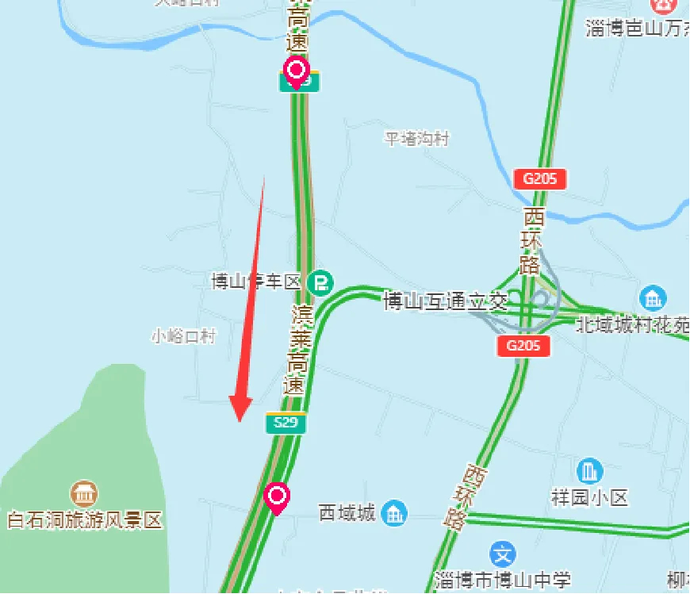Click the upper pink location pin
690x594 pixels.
297,71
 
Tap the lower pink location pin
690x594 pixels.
277,497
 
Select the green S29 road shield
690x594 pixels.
286,423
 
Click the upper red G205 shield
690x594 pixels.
540,178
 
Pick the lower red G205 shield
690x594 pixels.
523,345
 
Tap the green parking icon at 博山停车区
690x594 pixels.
321,282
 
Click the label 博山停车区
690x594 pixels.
257,282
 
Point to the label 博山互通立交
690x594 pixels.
445,301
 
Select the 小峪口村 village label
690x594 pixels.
183,336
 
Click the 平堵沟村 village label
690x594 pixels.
417,140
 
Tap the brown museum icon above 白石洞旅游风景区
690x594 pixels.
84,493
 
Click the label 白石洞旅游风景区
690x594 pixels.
84,521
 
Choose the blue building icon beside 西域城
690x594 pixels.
394,513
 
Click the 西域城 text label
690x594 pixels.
347,513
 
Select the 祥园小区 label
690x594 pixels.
589,498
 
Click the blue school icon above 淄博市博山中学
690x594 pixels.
503,553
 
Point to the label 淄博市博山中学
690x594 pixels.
503,581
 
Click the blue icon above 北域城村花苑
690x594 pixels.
654,298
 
